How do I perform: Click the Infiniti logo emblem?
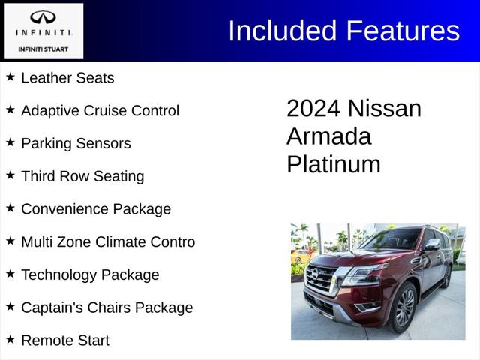(x=42, y=18)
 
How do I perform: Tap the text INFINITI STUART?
(x=42, y=49)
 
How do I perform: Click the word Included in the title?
(x=283, y=31)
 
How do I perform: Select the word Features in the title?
(x=402, y=31)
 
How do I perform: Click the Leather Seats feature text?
(x=67, y=77)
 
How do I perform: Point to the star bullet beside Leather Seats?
(x=10, y=76)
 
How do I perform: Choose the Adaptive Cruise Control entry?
(x=100, y=110)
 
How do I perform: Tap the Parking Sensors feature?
(x=76, y=143)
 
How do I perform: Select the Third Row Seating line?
(x=82, y=176)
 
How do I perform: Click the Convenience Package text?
(x=96, y=209)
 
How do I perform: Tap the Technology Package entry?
(x=90, y=274)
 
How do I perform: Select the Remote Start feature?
(x=65, y=340)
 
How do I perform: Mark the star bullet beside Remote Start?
(x=10, y=340)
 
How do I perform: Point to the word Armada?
(x=328, y=136)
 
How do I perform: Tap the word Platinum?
(x=333, y=164)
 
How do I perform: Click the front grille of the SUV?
(x=322, y=278)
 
